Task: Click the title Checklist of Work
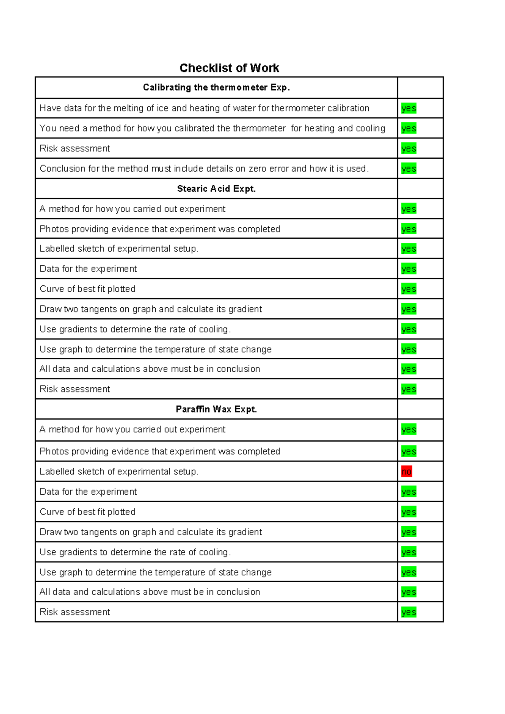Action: tap(229, 68)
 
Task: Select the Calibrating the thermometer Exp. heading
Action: tap(216, 88)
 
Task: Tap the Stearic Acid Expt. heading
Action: tap(216, 189)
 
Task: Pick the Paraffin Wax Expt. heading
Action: tap(216, 409)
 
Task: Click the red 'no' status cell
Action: tap(407, 472)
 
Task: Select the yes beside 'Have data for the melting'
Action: tap(409, 108)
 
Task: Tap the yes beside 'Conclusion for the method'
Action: tap(409, 168)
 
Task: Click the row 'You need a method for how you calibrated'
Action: tap(212, 128)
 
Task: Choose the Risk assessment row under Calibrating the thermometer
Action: tap(75, 149)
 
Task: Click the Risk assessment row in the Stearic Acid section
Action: tap(75, 389)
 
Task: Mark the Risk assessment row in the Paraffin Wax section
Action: tap(75, 612)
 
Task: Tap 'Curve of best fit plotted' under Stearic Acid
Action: tap(88, 289)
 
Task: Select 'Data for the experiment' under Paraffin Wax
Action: tap(88, 492)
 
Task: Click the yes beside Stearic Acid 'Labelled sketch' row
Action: tap(409, 249)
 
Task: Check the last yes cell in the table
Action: tap(409, 612)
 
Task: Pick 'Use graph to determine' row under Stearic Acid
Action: tap(155, 349)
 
